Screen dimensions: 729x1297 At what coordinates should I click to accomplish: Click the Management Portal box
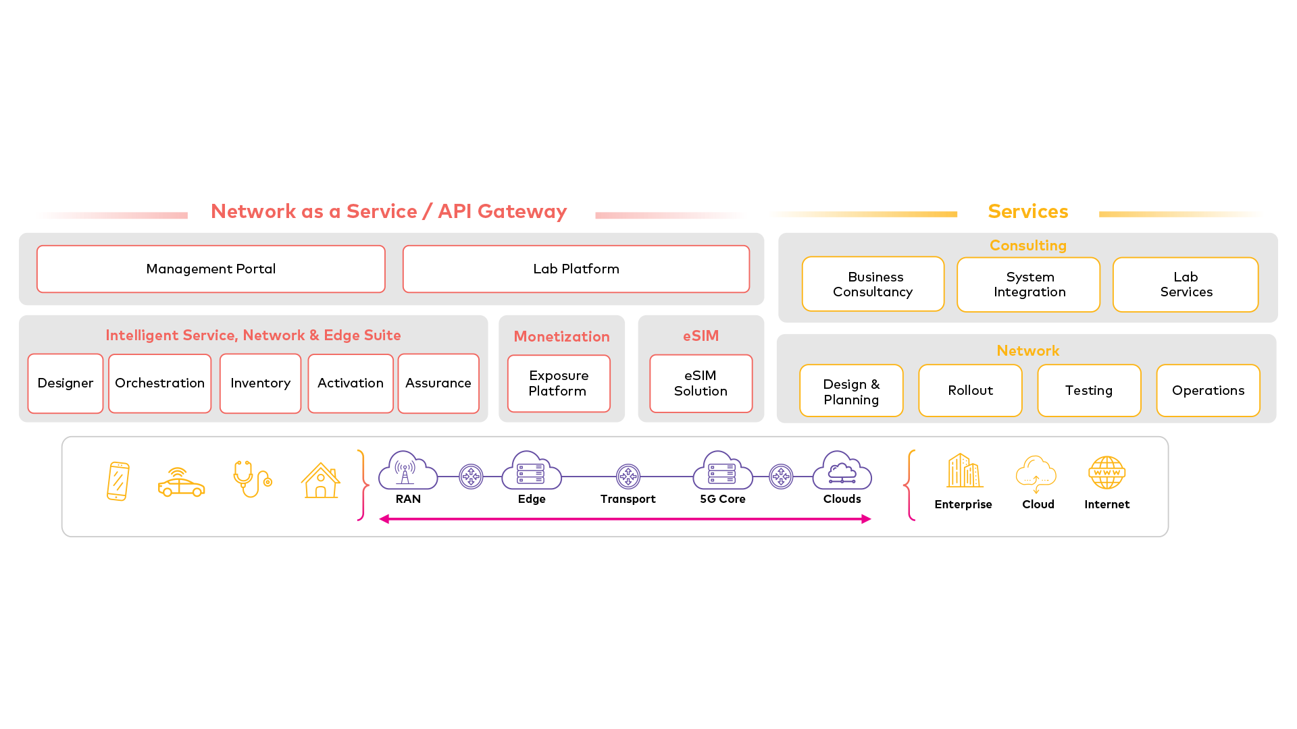pyautogui.click(x=211, y=269)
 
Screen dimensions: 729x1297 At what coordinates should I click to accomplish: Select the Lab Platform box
pyautogui.click(x=576, y=269)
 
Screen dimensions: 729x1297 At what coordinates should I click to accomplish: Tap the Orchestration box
pyautogui.click(x=159, y=383)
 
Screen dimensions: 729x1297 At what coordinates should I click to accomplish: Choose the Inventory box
pyautogui.click(x=260, y=383)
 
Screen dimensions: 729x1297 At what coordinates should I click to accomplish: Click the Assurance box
pyautogui.click(x=438, y=383)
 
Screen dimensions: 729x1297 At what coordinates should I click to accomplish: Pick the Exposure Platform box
pyautogui.click(x=559, y=383)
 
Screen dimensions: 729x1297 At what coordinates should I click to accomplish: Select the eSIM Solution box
pyautogui.click(x=701, y=383)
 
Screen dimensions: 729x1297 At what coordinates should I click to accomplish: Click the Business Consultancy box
pyautogui.click(x=873, y=284)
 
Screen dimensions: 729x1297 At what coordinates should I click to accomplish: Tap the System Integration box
pyautogui.click(x=1028, y=284)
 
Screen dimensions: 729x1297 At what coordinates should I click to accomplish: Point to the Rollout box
pyautogui.click(x=970, y=391)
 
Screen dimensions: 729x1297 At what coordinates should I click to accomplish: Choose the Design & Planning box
pyautogui.click(x=851, y=391)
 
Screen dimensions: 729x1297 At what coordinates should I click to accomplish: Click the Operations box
pyautogui.click(x=1208, y=391)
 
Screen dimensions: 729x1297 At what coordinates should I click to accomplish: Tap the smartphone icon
pyautogui.click(x=118, y=481)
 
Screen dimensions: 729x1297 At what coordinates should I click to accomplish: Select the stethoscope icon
pyautogui.click(x=252, y=479)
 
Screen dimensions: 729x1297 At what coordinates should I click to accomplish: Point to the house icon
pyautogui.click(x=320, y=481)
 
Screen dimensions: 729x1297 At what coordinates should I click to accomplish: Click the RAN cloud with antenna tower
pyautogui.click(x=407, y=470)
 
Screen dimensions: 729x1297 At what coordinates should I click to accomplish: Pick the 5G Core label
pyautogui.click(x=722, y=500)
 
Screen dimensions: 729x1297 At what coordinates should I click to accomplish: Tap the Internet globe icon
pyautogui.click(x=1107, y=473)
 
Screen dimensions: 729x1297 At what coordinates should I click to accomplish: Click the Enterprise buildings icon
pyautogui.click(x=963, y=470)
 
